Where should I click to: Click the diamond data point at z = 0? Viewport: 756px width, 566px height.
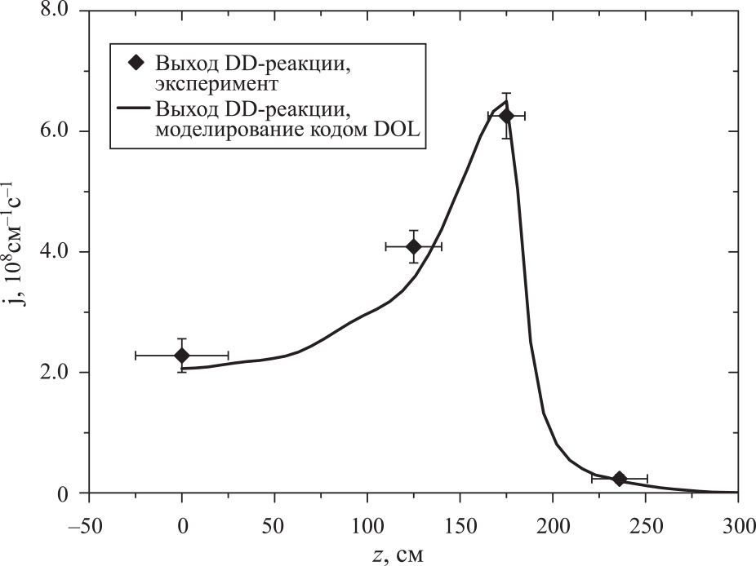pyautogui.click(x=182, y=356)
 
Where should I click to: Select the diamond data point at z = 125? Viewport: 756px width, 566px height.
pyautogui.click(x=413, y=246)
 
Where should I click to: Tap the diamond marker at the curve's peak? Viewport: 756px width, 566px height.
pyautogui.click(x=506, y=116)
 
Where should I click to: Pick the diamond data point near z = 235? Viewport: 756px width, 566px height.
pyautogui.click(x=619, y=479)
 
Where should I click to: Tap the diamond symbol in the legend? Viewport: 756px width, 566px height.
pyautogui.click(x=136, y=63)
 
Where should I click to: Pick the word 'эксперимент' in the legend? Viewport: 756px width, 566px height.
pyautogui.click(x=217, y=83)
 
